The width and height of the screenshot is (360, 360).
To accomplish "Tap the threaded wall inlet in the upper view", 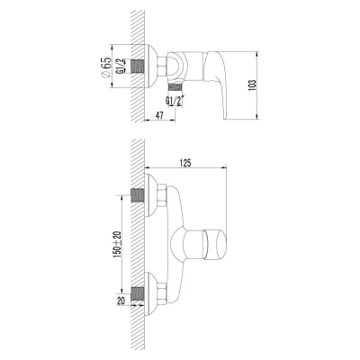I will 138,66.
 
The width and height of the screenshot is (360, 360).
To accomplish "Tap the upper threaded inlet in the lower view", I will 138,194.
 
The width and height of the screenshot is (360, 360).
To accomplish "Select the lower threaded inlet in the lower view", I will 138,292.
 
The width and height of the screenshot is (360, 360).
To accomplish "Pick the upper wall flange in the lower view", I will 149,194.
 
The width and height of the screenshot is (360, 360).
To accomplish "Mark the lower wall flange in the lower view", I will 149,292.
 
